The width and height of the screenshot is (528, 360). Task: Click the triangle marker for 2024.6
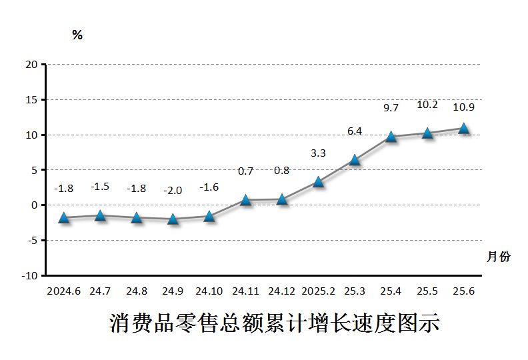click(x=64, y=217)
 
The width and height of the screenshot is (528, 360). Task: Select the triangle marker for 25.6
click(x=463, y=128)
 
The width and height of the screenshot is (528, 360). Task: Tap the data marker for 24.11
click(x=245, y=200)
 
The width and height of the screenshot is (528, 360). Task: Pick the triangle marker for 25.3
click(x=355, y=160)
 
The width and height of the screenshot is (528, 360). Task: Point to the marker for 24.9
click(x=173, y=219)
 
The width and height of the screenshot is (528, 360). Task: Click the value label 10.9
click(x=463, y=107)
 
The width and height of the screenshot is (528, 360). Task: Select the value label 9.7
click(x=391, y=107)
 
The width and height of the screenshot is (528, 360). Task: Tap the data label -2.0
click(x=173, y=191)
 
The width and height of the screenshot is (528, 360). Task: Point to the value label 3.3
click(x=318, y=153)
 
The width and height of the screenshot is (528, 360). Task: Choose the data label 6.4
click(x=355, y=131)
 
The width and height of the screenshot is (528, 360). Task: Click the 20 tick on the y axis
click(x=31, y=65)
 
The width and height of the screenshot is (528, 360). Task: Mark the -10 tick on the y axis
click(x=29, y=275)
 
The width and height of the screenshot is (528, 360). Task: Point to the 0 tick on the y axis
click(x=34, y=205)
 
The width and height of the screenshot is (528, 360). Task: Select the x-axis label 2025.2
click(x=318, y=291)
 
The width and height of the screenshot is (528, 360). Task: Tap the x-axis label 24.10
click(x=209, y=291)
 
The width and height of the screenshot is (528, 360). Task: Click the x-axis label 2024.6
click(x=64, y=291)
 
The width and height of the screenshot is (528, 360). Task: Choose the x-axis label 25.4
click(x=391, y=291)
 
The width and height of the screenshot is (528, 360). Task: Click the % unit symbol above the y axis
click(x=77, y=35)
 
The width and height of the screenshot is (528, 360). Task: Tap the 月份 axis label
click(x=499, y=257)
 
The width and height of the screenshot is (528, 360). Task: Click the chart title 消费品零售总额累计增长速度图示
click(x=274, y=323)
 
